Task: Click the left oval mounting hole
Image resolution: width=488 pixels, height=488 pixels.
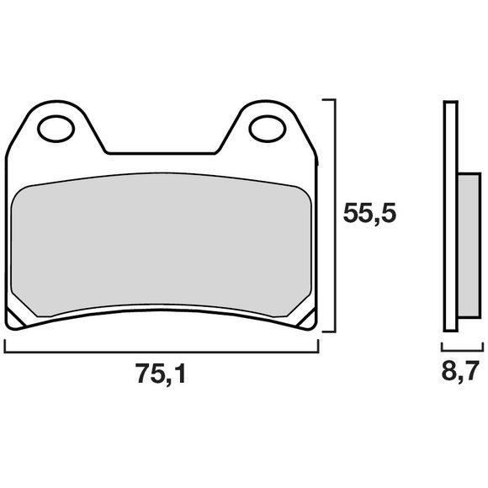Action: [56, 130]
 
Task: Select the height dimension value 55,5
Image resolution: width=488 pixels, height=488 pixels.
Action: [369, 212]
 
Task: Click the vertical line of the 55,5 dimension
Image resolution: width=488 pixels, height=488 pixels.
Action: [336, 215]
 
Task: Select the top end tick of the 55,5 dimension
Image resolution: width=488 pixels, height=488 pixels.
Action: [331, 100]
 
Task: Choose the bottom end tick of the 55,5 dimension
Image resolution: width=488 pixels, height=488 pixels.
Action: [331, 330]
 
